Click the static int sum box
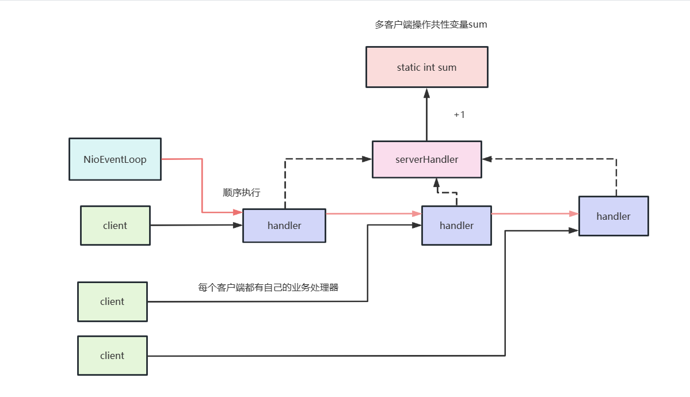426,67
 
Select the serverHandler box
426,159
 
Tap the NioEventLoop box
115,159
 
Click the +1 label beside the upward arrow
459,114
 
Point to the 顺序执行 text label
242,193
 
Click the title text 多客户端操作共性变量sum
431,25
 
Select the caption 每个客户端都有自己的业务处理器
268,287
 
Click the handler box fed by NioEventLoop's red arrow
284,226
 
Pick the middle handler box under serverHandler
456,226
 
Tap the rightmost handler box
613,216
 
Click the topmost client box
115,226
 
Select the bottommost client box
112,356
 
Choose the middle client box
112,301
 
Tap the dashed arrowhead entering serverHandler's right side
487,158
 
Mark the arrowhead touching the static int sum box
426,92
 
